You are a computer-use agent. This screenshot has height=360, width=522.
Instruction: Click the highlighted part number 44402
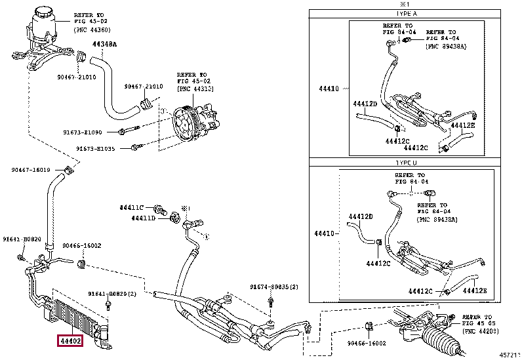(x=68, y=341)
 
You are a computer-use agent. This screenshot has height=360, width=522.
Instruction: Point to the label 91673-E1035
(x=94, y=149)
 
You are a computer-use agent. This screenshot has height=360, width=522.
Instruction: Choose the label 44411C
(x=131, y=207)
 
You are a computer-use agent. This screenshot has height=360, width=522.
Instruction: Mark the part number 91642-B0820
(x=22, y=239)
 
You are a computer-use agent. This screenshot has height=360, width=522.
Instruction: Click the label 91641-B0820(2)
(x=111, y=294)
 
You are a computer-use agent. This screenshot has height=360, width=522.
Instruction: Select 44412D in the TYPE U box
(x=361, y=216)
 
